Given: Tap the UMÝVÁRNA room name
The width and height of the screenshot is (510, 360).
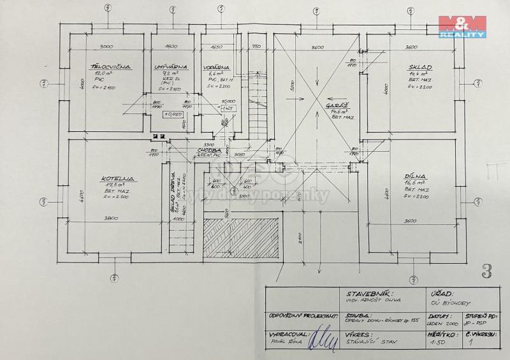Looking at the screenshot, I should (164, 66).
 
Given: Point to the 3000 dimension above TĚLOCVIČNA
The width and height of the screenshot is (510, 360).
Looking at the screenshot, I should (106, 47).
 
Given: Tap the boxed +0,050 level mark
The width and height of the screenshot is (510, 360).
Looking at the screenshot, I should (172, 114).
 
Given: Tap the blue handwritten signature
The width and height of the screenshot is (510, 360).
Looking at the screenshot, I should (322, 339).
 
